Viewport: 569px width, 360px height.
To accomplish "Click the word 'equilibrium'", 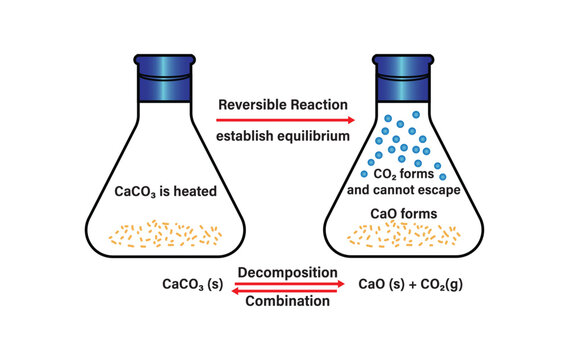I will tap(312, 134).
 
